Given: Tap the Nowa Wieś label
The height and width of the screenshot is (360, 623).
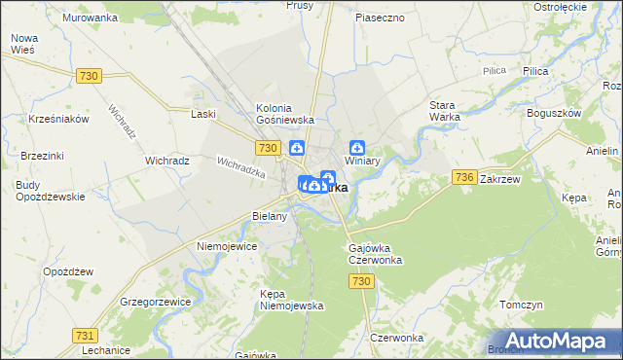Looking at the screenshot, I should [x=23, y=44].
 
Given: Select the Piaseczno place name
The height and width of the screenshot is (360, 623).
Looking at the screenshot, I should [x=380, y=18].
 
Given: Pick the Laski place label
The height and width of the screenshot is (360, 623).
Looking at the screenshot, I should [x=203, y=114].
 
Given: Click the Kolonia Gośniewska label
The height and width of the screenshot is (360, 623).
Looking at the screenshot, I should [x=283, y=113].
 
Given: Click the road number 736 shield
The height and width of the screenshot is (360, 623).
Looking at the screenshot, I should [x=464, y=176].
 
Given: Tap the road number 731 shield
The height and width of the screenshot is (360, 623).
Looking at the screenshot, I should [x=85, y=334].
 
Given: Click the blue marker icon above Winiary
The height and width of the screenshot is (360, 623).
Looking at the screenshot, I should [x=358, y=147].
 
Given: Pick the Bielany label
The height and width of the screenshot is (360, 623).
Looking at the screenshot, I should [x=270, y=216].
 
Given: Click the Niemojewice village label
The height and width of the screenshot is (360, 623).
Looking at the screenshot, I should [x=227, y=246].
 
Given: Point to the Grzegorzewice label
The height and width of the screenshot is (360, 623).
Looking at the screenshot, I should [x=155, y=301].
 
